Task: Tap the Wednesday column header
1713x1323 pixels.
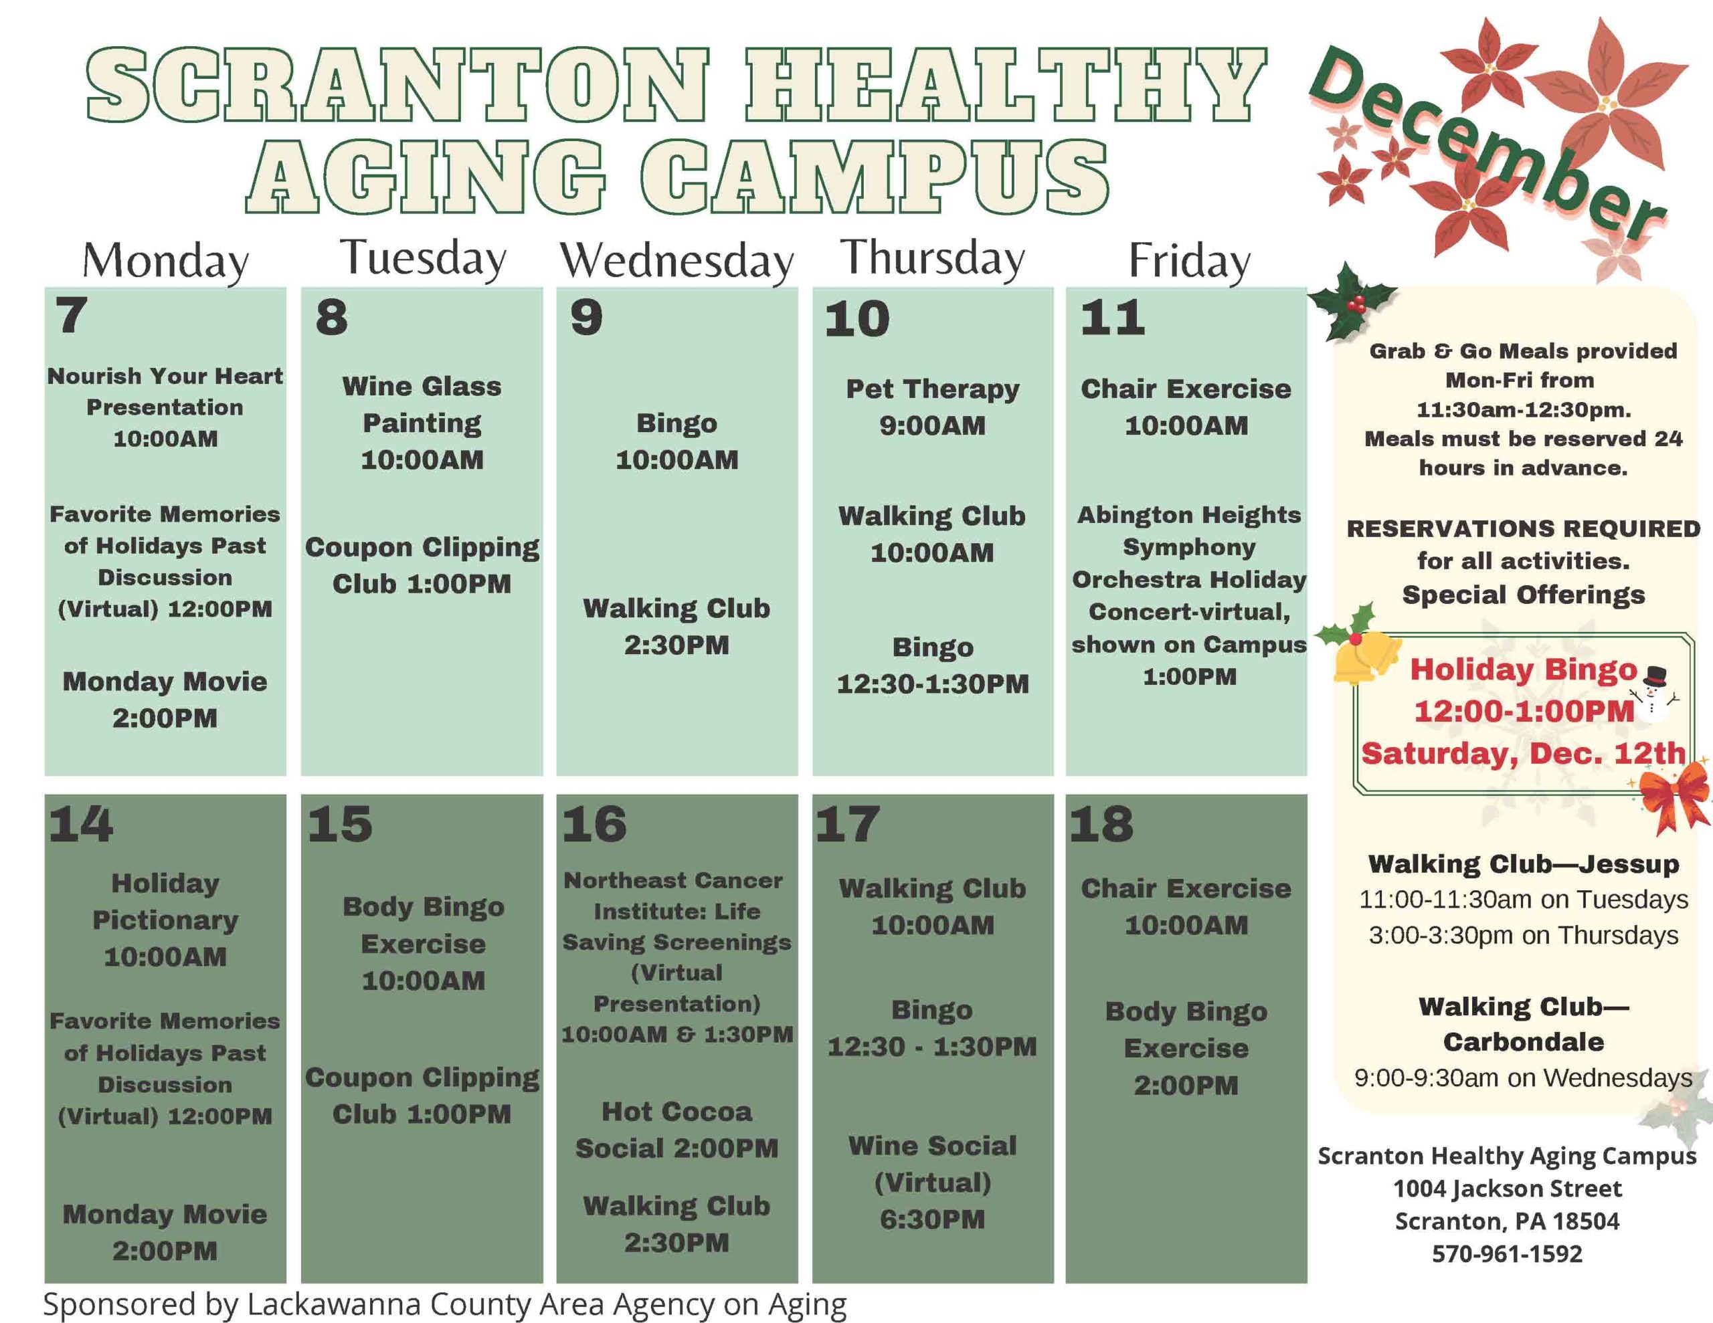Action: (677, 261)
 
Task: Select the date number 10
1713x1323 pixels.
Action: (856, 319)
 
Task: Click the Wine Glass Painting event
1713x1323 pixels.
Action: (422, 423)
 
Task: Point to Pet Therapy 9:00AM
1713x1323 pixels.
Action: (933, 407)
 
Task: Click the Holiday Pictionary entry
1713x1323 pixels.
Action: (165, 920)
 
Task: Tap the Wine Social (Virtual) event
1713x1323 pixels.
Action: (933, 1182)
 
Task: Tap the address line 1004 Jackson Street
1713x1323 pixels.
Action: (1507, 1188)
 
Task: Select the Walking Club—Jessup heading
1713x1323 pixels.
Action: (1523, 863)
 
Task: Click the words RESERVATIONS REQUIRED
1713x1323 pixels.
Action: (1523, 528)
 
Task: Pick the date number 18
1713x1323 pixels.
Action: (1101, 823)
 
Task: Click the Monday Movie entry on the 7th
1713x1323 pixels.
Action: (165, 700)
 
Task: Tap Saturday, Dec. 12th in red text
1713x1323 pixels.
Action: (1523, 753)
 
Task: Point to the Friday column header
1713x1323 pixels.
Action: (1189, 261)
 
